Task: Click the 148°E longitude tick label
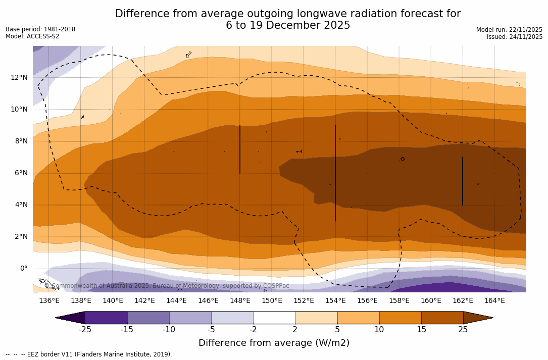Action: pos(240,301)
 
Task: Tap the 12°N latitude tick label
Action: pos(19,77)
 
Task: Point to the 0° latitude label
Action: pos(23,268)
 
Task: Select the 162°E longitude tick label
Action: pos(463,301)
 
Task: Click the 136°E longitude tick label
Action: pos(49,301)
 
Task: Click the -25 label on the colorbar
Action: pos(85,330)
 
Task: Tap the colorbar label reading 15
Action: pos(421,330)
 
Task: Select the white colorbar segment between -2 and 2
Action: pos(274,318)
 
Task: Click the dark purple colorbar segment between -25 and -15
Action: pos(106,318)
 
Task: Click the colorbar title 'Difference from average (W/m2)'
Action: pos(274,343)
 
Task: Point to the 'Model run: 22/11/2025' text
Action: pos(509,30)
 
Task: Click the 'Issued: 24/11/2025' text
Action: pos(515,37)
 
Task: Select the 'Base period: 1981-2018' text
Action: pos(40,29)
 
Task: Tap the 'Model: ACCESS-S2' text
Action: pos(32,36)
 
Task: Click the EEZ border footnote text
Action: pos(89,354)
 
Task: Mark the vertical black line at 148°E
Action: pos(240,149)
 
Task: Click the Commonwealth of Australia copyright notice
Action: pos(167,286)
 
